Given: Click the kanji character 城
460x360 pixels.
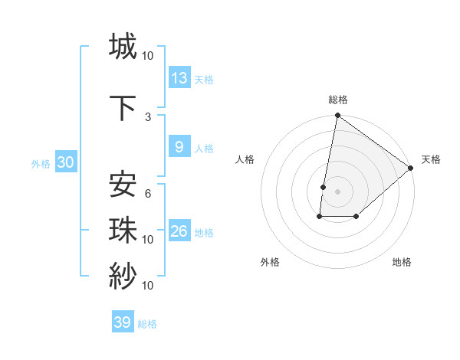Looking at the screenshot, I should pos(123,46).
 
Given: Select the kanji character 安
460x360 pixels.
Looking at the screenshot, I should pos(123,185).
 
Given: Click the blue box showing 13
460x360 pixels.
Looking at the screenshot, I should pos(179,78).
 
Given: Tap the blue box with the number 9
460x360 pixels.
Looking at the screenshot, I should pos(179,148).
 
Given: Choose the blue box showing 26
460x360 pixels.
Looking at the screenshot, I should pos(179,231).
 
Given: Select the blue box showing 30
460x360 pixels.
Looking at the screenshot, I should pos(65,162).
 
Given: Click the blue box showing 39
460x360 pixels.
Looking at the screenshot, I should pos(123,322).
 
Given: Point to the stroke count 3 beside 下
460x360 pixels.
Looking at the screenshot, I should pos(148,116).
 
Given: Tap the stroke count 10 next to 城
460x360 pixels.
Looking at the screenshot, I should pos(148,55).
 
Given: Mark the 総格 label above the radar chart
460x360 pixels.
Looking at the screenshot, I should pos(338,100).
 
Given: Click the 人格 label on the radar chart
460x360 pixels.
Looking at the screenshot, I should pos(245,159).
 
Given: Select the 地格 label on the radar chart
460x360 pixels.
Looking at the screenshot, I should pos(402,262).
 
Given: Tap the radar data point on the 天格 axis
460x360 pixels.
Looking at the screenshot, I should pos(411,169).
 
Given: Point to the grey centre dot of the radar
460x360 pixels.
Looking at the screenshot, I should pos(337,191).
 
